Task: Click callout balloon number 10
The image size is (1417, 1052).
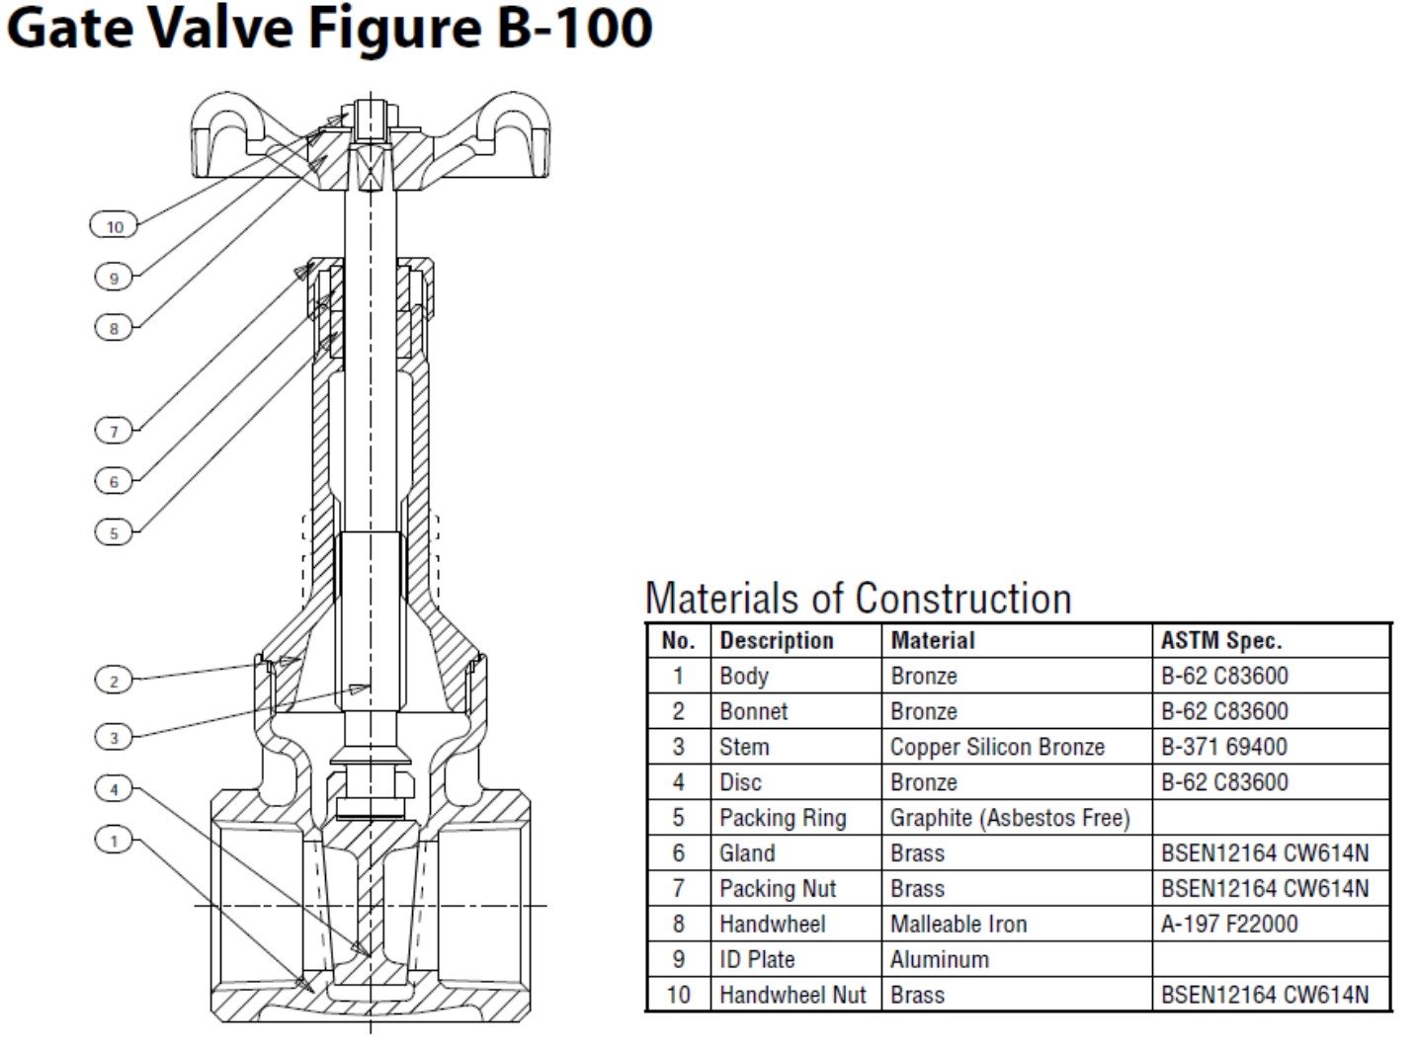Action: [115, 226]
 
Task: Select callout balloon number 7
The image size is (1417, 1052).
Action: [114, 431]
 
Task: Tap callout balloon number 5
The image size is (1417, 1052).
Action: [114, 532]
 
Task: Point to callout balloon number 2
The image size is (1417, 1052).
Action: [114, 681]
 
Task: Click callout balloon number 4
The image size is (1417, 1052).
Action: [114, 788]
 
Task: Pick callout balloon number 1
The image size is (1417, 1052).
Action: [114, 841]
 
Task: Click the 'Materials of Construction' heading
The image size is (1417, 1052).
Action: [858, 599]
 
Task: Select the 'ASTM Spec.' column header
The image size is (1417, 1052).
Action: [1220, 640]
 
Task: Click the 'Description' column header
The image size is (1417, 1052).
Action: [776, 640]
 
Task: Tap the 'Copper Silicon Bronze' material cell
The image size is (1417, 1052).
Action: [996, 747]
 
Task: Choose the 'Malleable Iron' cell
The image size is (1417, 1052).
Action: [958, 924]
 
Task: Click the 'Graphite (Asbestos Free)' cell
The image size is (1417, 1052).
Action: [1009, 818]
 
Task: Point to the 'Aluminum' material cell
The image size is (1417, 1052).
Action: [939, 959]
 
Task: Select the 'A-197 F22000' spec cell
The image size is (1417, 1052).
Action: [1228, 924]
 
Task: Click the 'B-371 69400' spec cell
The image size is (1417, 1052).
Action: [1223, 747]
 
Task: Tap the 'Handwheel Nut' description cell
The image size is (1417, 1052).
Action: [792, 995]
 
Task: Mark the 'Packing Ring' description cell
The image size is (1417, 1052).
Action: [782, 818]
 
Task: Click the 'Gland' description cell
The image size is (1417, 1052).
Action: [746, 853]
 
